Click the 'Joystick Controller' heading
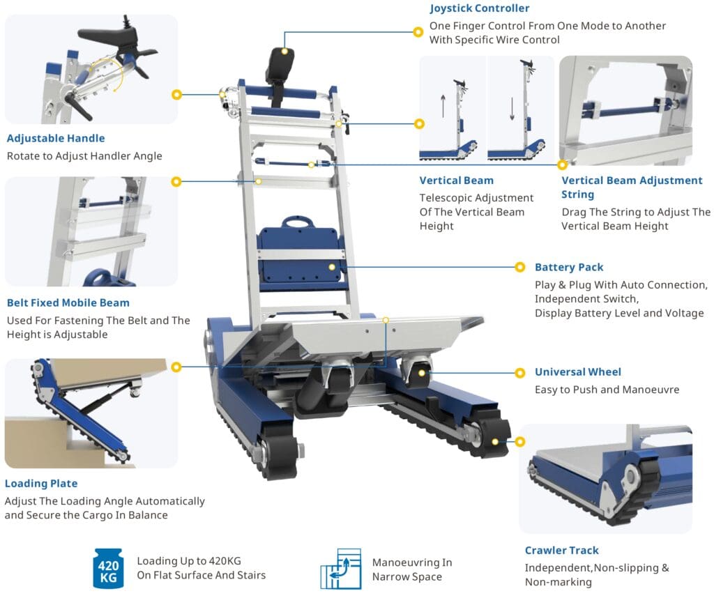479,8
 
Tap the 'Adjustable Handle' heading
56,138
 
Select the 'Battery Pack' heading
569,267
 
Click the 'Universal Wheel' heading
577,371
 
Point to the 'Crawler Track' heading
561,550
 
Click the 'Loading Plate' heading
41,483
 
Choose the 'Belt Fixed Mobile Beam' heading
68,302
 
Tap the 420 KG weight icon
109,568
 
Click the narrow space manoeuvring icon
341,569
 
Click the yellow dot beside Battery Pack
519,267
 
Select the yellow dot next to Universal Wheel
519,372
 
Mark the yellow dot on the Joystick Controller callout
418,31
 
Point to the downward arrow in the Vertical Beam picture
511,108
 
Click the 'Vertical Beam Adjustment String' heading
632,187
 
